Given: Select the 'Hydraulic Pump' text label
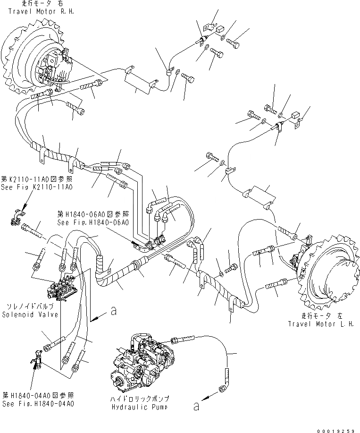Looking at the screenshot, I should click(138, 407).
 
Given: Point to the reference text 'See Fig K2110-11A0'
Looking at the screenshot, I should click(36, 187).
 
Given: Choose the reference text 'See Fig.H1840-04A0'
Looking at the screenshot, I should click(38, 404).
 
